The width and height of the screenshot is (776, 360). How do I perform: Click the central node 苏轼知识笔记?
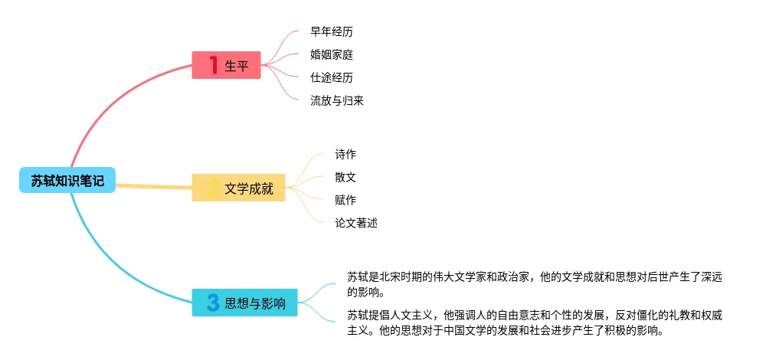pos(67,180)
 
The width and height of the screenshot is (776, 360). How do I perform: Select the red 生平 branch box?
pos(226,65)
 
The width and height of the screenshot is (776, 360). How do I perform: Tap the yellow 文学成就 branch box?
pos(238,188)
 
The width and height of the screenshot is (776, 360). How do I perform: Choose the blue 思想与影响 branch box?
pos(244,303)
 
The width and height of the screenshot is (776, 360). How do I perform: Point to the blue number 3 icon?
pos(213,303)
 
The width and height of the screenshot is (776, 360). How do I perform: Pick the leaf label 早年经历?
pos(332,31)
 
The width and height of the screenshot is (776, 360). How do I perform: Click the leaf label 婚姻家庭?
pos(332,54)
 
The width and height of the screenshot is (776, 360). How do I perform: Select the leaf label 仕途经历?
pos(332,77)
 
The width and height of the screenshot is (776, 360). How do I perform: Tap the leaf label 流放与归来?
pos(337,100)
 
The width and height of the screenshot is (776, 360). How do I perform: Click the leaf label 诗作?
pos(345,154)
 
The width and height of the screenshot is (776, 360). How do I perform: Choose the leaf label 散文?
pos(345,177)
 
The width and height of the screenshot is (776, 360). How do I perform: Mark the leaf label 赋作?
pos(345,200)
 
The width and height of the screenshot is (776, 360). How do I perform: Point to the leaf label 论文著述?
pos(356,223)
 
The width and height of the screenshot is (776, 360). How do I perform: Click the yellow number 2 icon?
pos(213,188)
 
